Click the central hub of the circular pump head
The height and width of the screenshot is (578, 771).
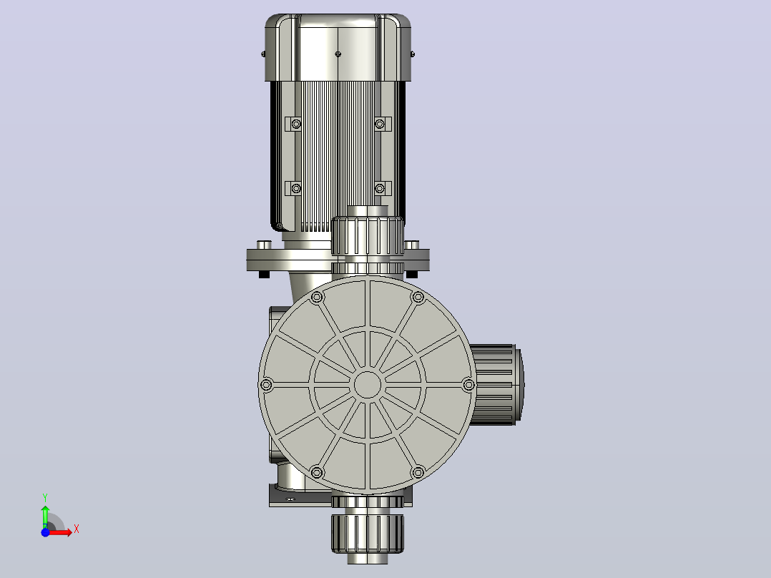pyautogui.click(x=368, y=385)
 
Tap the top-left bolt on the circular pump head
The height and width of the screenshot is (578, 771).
pyautogui.click(x=317, y=297)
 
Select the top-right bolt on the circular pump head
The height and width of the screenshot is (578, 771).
pyautogui.click(x=418, y=297)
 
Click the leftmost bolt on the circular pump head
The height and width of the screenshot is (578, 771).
pyautogui.click(x=267, y=385)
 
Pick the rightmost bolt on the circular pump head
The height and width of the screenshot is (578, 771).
pyautogui.click(x=468, y=385)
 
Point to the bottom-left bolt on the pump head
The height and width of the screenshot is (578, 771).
pyautogui.click(x=317, y=473)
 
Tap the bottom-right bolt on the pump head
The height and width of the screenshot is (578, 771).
pyautogui.click(x=418, y=473)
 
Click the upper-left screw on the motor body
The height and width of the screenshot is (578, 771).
pyautogui.click(x=296, y=124)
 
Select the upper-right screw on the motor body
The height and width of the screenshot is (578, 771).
pyautogui.click(x=380, y=124)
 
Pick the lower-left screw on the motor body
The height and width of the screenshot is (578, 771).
pyautogui.click(x=296, y=188)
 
